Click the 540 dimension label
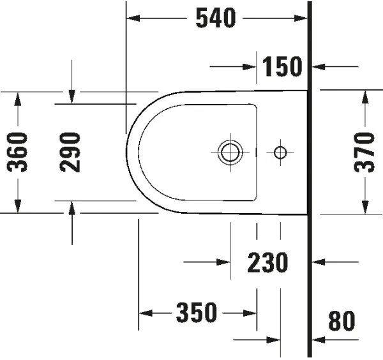(x=216, y=19)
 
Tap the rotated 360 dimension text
(x=19, y=152)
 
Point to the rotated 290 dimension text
(x=71, y=152)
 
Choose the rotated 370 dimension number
(x=364, y=152)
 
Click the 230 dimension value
(x=268, y=262)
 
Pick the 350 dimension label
(x=197, y=313)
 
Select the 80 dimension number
(x=342, y=321)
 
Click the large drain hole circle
(x=230, y=152)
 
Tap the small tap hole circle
(x=280, y=152)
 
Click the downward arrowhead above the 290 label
(x=72, y=96)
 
